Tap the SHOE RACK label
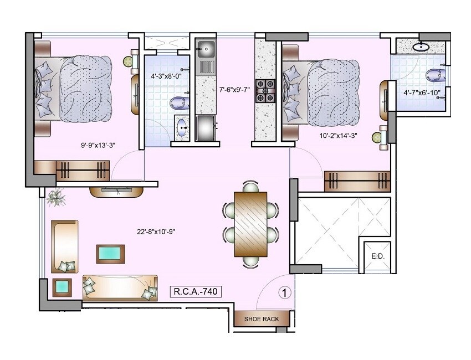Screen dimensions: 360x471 tap(262, 319)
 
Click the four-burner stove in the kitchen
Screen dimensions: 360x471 tap(265, 91)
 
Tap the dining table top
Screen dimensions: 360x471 tap(250, 224)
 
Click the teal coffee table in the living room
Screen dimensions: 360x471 tap(111, 254)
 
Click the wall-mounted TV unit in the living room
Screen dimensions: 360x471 tap(117, 191)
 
